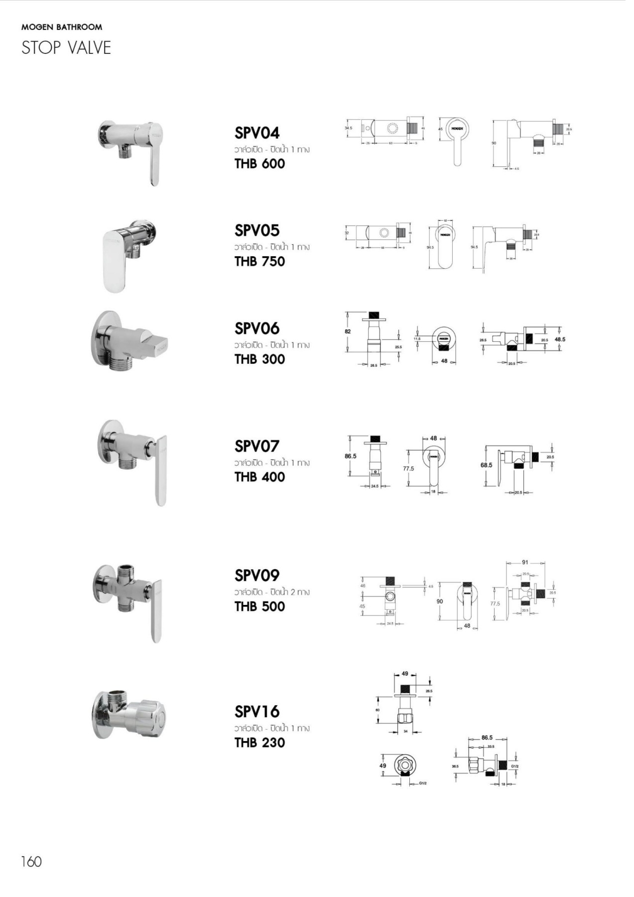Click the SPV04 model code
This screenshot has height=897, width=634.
coord(257,133)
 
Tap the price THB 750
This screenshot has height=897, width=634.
coord(259,261)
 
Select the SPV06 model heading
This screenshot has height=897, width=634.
coord(257,328)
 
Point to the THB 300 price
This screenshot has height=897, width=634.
coord(259,359)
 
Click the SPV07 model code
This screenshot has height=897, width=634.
coord(257,446)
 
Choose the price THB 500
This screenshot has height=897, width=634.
coord(259,606)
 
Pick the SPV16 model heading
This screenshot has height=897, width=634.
coord(257,712)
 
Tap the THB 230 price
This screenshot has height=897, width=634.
coord(259,743)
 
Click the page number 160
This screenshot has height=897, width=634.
coord(31,861)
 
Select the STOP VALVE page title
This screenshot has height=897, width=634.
coord(66,48)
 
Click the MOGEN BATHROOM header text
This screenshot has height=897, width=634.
coord(62,27)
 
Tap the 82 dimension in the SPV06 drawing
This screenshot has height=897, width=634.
coord(348,331)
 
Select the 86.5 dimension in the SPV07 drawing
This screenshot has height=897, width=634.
coord(350,456)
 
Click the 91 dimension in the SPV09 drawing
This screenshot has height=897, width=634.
coord(525,562)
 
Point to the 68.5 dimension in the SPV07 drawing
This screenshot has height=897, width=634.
coord(486,465)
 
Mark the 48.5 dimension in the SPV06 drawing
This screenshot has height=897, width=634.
coord(560,339)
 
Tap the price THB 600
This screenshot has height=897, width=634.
coord(259,163)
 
